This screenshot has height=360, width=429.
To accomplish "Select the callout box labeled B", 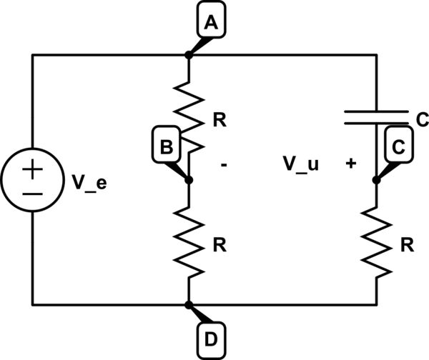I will [x=165, y=147].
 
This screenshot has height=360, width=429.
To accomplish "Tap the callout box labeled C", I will [x=399, y=147].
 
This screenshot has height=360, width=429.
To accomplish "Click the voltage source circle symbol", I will [x=33, y=181].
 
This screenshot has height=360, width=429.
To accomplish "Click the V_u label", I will [x=301, y=164].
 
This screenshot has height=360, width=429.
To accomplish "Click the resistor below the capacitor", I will [x=376, y=243].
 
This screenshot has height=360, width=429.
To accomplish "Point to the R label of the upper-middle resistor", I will [x=220, y=119].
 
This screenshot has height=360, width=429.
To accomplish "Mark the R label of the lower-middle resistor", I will [x=220, y=244].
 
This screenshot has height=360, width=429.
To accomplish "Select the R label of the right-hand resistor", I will [x=406, y=244].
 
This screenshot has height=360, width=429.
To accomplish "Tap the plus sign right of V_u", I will [x=350, y=164].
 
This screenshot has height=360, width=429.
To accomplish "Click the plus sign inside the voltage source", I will [x=33, y=170].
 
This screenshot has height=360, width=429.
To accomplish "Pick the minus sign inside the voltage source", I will [x=33, y=193].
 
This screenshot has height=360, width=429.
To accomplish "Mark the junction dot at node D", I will [x=189, y=305].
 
